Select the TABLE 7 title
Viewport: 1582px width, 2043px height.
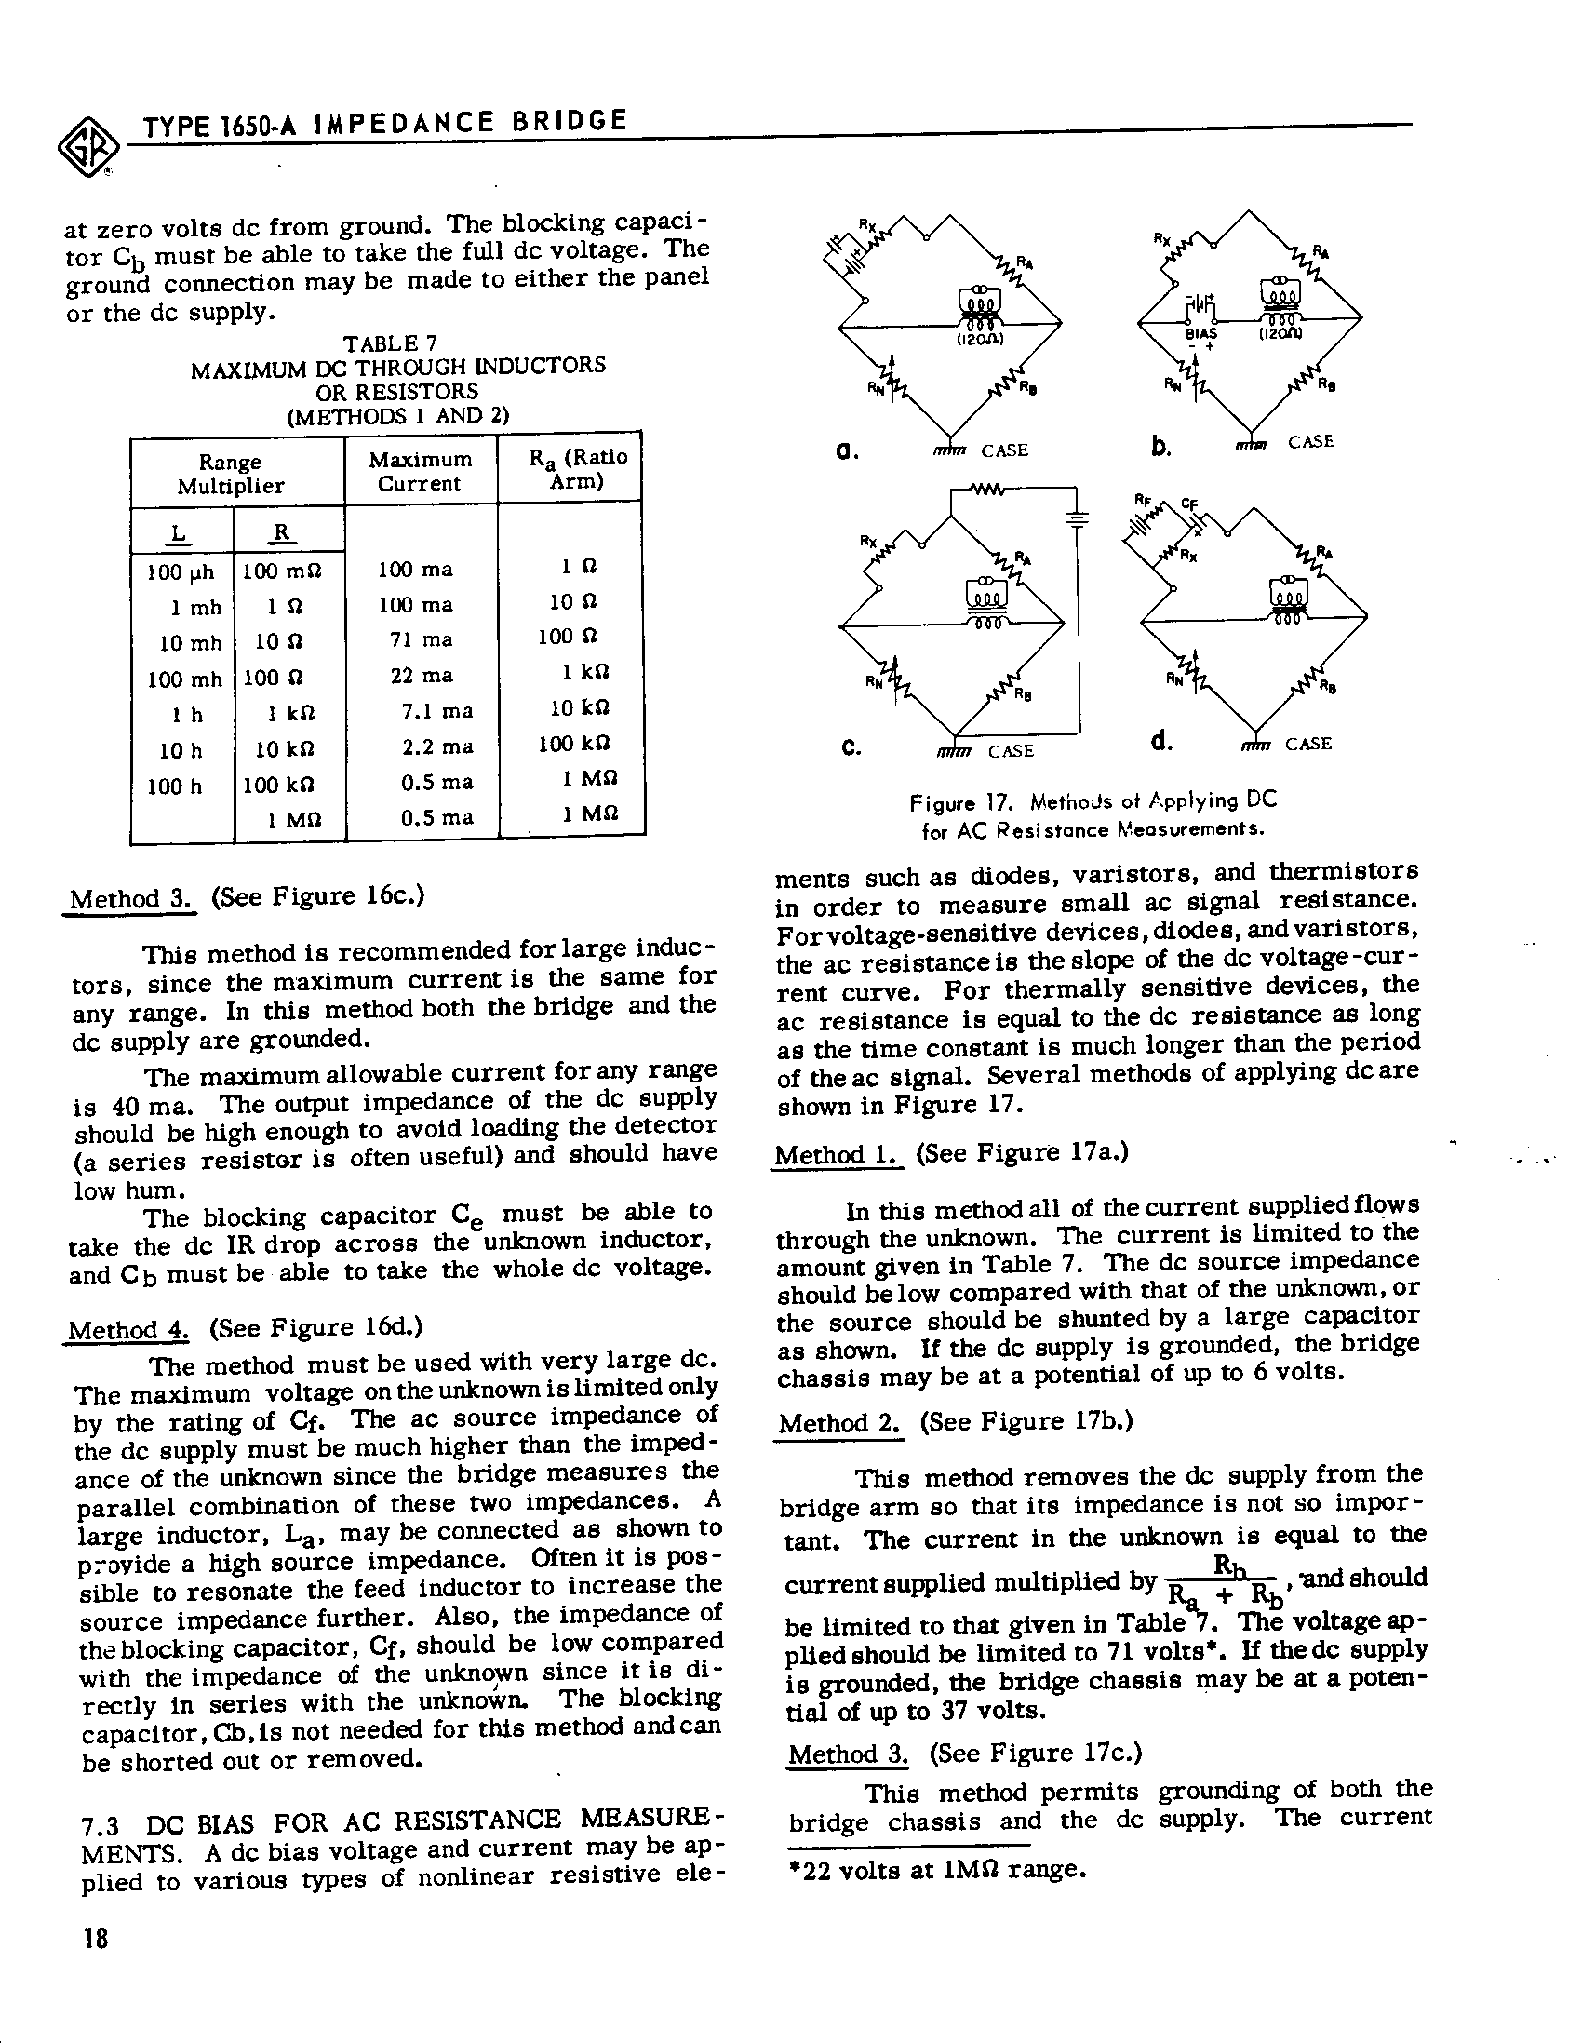[x=390, y=344]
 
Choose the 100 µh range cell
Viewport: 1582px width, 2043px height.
[x=181, y=571]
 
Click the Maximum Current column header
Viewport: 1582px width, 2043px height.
[x=420, y=472]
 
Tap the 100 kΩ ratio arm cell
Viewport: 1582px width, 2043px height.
[x=573, y=745]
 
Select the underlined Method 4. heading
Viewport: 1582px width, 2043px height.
[x=127, y=1330]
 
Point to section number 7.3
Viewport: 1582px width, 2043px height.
[x=101, y=1824]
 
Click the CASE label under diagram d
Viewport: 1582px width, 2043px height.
[x=1307, y=744]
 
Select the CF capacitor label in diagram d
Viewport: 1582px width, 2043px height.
[x=1189, y=504]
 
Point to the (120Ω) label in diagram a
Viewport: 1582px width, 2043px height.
[x=981, y=341]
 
